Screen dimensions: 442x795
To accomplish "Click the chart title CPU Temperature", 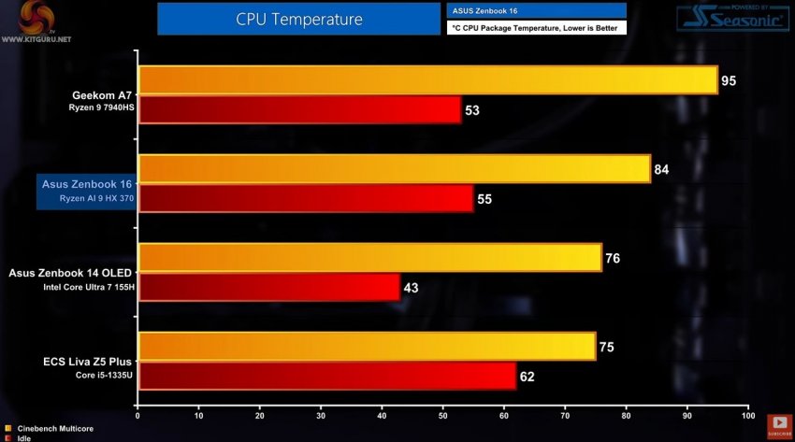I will pyautogui.click(x=299, y=18).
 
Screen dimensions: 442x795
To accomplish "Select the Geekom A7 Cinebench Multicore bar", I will pyautogui.click(x=427, y=80).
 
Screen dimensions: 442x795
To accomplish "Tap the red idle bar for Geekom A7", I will pyautogui.click(x=299, y=110).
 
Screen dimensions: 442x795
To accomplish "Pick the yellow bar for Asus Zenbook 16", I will pyautogui.click(x=394, y=169).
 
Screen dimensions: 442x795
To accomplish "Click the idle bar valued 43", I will pyautogui.click(x=268, y=287).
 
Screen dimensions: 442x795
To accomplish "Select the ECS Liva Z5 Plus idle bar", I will pyautogui.click(x=326, y=376).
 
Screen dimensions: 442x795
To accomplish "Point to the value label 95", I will pyautogui.click(x=729, y=81).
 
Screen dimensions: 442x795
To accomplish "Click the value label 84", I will pyautogui.click(x=662, y=169).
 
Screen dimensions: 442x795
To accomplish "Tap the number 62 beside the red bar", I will pyautogui.click(x=528, y=377).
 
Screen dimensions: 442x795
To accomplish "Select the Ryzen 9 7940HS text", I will pyautogui.click(x=102, y=108).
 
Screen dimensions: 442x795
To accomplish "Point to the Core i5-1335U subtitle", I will pyautogui.click(x=105, y=375).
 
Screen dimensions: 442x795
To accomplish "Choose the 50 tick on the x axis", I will pyautogui.click(x=442, y=415).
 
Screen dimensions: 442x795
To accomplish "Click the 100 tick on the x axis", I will pyautogui.click(x=746, y=415).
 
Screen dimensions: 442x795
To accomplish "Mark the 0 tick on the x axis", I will pyautogui.click(x=137, y=415).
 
